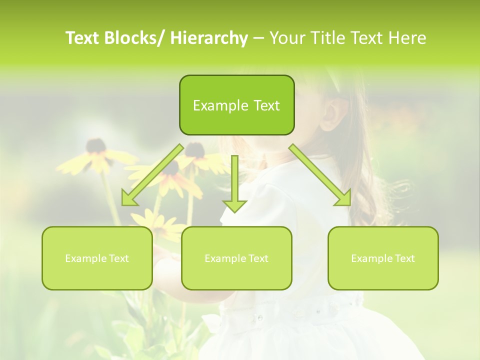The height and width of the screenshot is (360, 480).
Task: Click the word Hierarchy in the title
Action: tap(209, 38)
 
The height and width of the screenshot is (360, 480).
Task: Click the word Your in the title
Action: tap(286, 38)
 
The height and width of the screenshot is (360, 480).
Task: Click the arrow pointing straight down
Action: tap(234, 185)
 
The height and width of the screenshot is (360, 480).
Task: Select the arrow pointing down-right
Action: tap(320, 175)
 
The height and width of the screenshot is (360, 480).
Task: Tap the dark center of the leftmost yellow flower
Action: tap(95, 146)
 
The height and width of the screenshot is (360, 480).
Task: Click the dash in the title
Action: tap(258, 38)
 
